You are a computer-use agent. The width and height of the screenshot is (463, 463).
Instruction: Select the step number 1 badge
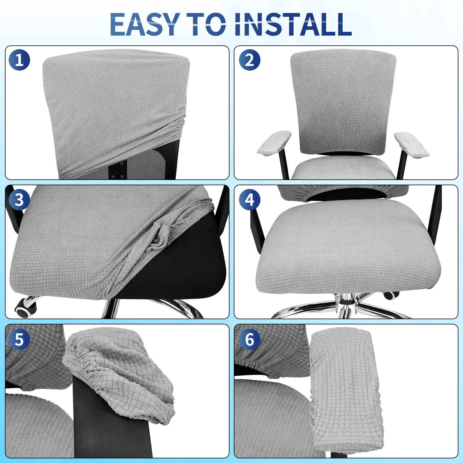point(19,60)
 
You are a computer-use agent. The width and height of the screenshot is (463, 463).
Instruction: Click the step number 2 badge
point(249,60)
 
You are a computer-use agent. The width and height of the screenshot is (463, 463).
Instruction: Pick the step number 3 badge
point(19,200)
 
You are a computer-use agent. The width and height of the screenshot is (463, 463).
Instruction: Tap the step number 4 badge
point(249,200)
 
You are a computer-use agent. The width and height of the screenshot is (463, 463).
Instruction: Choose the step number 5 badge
point(19,339)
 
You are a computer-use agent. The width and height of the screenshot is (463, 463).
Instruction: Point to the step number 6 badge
point(249,339)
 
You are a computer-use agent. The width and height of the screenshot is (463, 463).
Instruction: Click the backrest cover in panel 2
point(343,102)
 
